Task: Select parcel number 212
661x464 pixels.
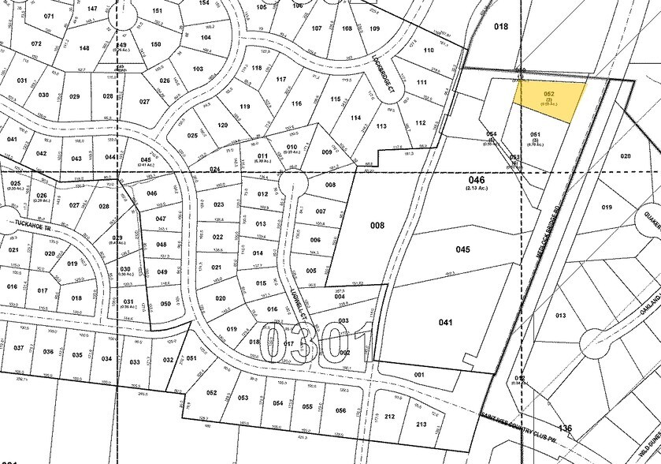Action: tap(388, 416)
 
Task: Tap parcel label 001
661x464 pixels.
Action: tap(419, 375)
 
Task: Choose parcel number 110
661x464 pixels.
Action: tap(429, 51)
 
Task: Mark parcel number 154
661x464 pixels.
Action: tap(204, 3)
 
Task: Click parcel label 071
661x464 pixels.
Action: tap(49, 16)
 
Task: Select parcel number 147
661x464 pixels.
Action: tap(92, 8)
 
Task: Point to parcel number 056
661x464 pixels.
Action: tap(340, 410)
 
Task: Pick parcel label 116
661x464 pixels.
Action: tap(296, 103)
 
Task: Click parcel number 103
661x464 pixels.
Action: tap(198, 69)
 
